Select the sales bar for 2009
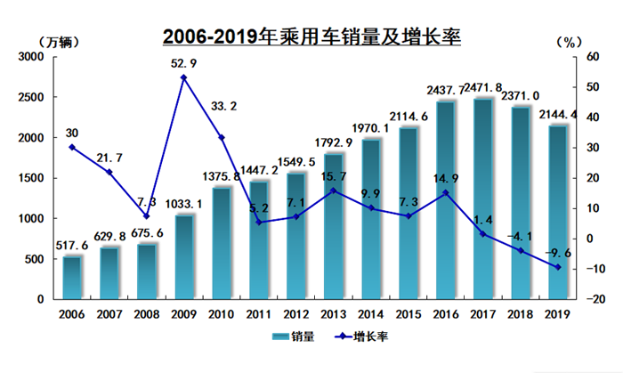[x=183, y=257]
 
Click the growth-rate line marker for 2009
[x=183, y=77]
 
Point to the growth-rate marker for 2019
[x=558, y=267]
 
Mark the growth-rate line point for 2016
[x=446, y=193]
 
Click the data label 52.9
[x=184, y=62]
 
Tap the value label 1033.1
[x=184, y=204]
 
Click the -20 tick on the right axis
[x=586, y=299]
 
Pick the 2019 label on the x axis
[x=558, y=313]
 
